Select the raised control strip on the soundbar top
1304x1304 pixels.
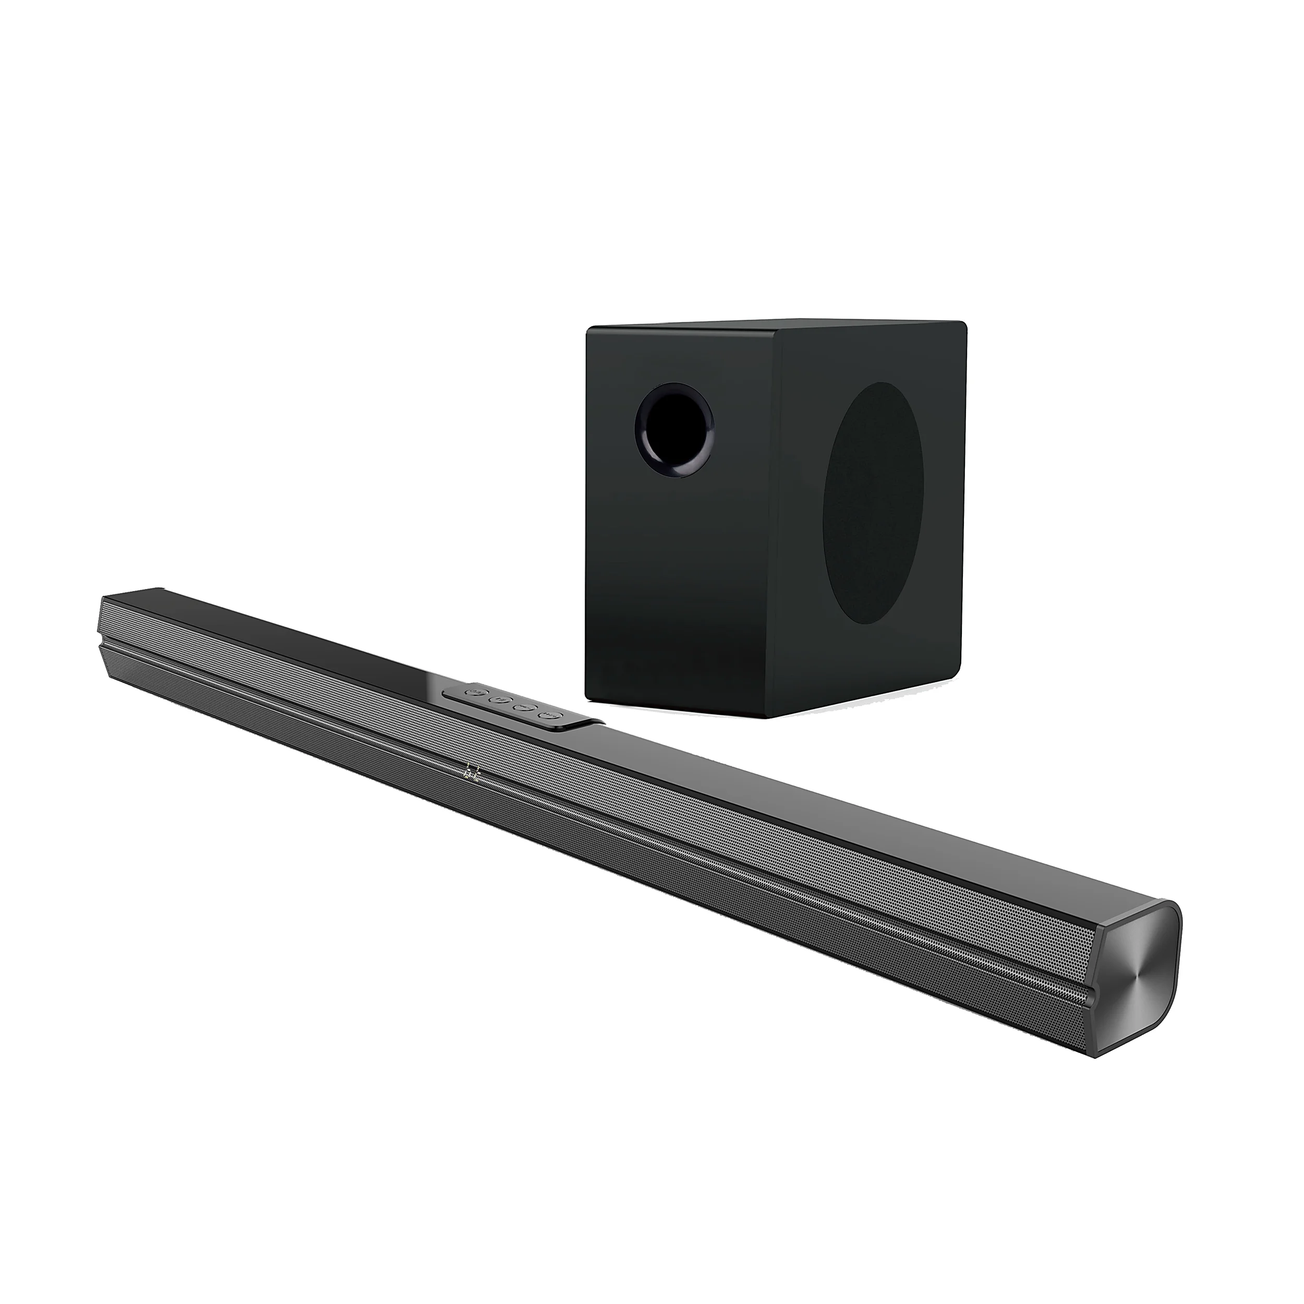516,705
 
